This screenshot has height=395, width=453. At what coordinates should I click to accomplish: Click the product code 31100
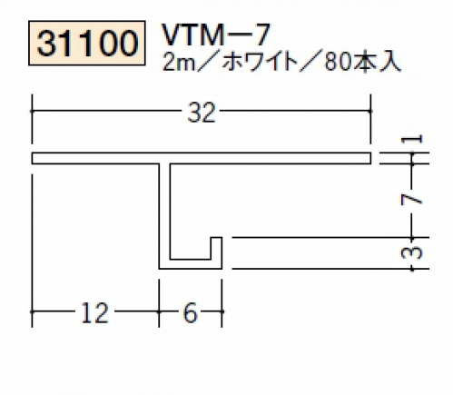pos(87,43)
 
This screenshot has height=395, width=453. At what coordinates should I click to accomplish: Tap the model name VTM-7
pos(216,35)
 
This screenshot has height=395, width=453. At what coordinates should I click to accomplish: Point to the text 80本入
pos(362,63)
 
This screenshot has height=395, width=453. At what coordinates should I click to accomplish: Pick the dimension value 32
pos(202,113)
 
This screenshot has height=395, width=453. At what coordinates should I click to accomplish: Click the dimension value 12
pos(94,313)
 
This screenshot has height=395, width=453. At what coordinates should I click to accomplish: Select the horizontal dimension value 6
pos(191,313)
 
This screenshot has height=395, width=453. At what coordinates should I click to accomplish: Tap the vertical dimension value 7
pos(411,199)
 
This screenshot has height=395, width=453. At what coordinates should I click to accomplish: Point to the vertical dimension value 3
pos(411,252)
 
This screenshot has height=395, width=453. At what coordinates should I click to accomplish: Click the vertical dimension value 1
pos(411,139)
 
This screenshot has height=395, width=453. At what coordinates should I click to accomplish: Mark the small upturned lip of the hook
pos(216,248)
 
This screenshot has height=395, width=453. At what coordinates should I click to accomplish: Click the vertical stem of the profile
pos(164,212)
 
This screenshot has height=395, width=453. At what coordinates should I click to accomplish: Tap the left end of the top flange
pos(32,158)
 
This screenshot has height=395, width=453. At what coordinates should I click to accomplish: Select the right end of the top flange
pos(371,158)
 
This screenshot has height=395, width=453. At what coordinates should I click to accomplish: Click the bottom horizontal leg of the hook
pos(191,264)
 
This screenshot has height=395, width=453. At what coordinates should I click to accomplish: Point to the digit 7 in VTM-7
pos(261,35)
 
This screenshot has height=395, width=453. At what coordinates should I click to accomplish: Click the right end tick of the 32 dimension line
pos(370,111)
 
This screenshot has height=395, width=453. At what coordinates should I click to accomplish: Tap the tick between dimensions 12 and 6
pos(159,311)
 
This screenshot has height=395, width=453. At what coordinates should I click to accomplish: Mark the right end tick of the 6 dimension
pos(222,311)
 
